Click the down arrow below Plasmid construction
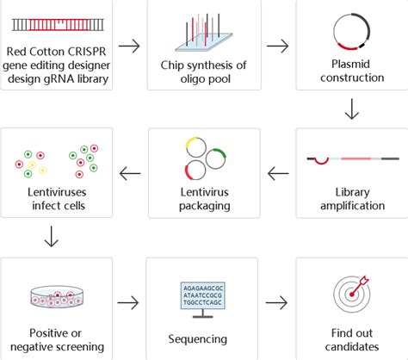pyautogui.click(x=351, y=108)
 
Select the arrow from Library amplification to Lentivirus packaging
pyautogui.click(x=277, y=174)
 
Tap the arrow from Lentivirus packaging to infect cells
pyautogui.click(x=129, y=174)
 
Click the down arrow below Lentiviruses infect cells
pyautogui.click(x=52, y=235)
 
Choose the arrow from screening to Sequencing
pyautogui.click(x=128, y=302)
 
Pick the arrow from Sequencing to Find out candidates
pyautogui.click(x=277, y=302)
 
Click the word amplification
pyautogui.click(x=351, y=205)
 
